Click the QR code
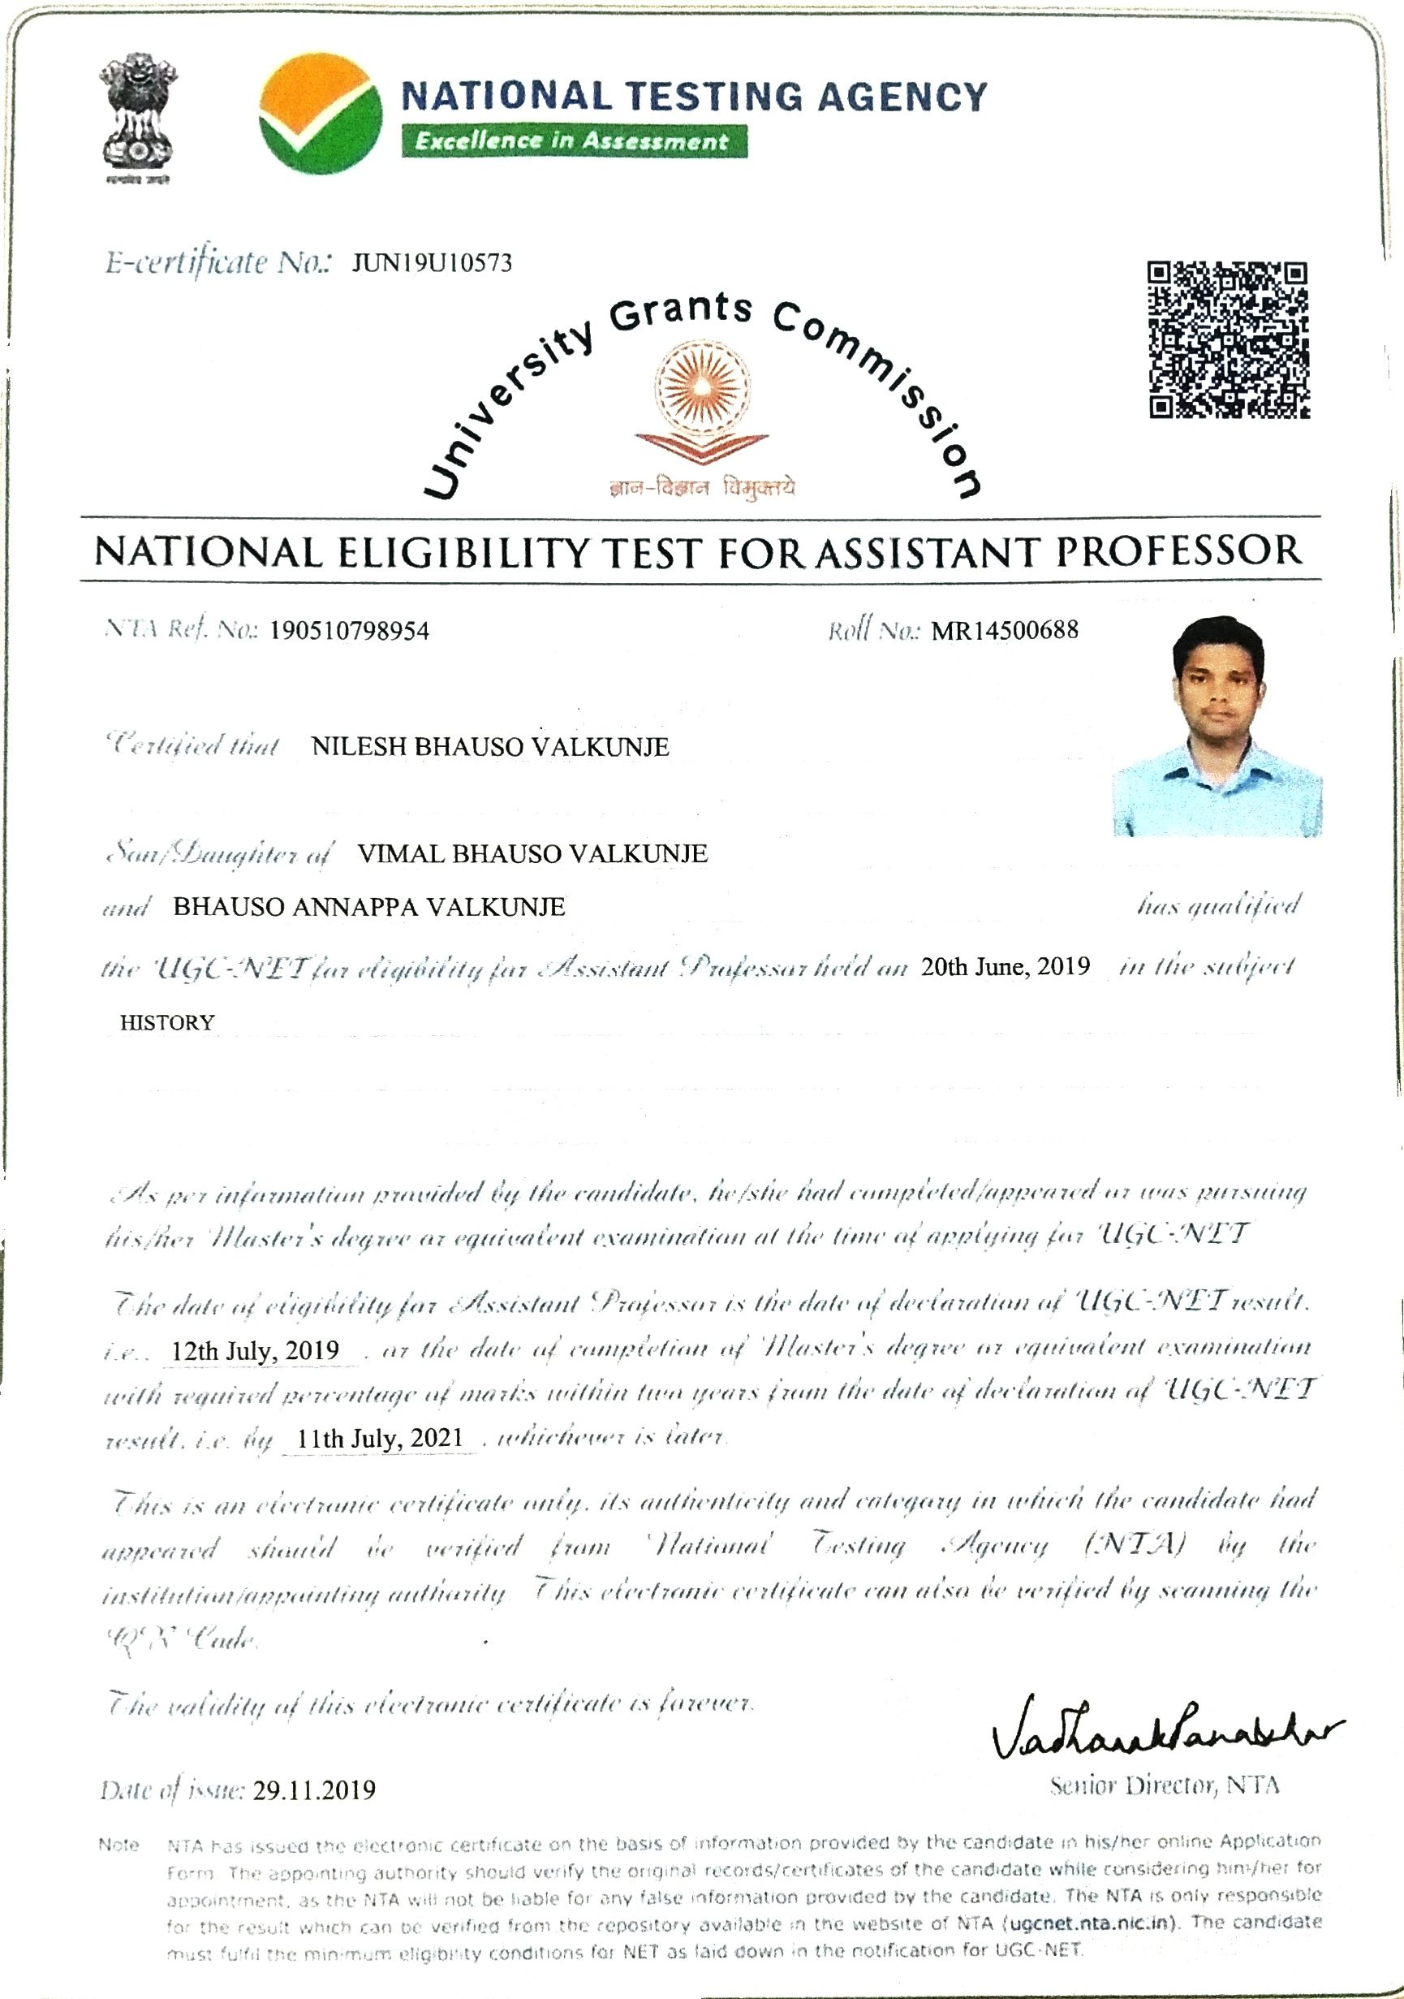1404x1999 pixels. click(x=1229, y=340)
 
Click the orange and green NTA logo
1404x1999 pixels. click(x=321, y=114)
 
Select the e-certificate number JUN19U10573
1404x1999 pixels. click(x=432, y=263)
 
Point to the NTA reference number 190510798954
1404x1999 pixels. click(x=349, y=630)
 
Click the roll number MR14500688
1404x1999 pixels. click(x=1005, y=629)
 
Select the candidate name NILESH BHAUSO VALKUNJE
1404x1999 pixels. click(x=490, y=746)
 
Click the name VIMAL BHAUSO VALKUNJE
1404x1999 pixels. click(x=532, y=853)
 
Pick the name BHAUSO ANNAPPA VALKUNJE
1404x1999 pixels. click(x=369, y=907)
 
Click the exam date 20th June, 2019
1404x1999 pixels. click(x=1006, y=965)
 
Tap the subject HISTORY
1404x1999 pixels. click(x=167, y=1022)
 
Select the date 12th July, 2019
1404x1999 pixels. click(x=255, y=1350)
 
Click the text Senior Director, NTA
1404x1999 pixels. click(x=1165, y=1785)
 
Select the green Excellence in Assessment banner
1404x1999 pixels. click(x=573, y=141)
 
